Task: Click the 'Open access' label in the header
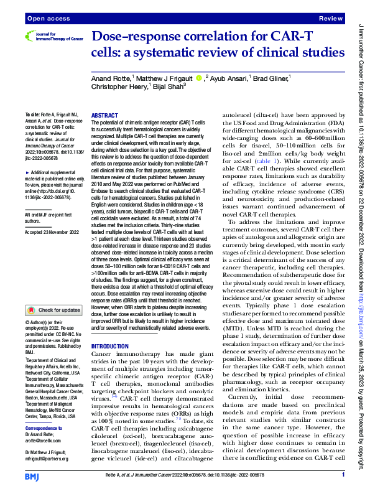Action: tap(43, 19)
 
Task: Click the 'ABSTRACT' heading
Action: tap(104, 116)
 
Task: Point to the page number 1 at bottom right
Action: tap(343, 475)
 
